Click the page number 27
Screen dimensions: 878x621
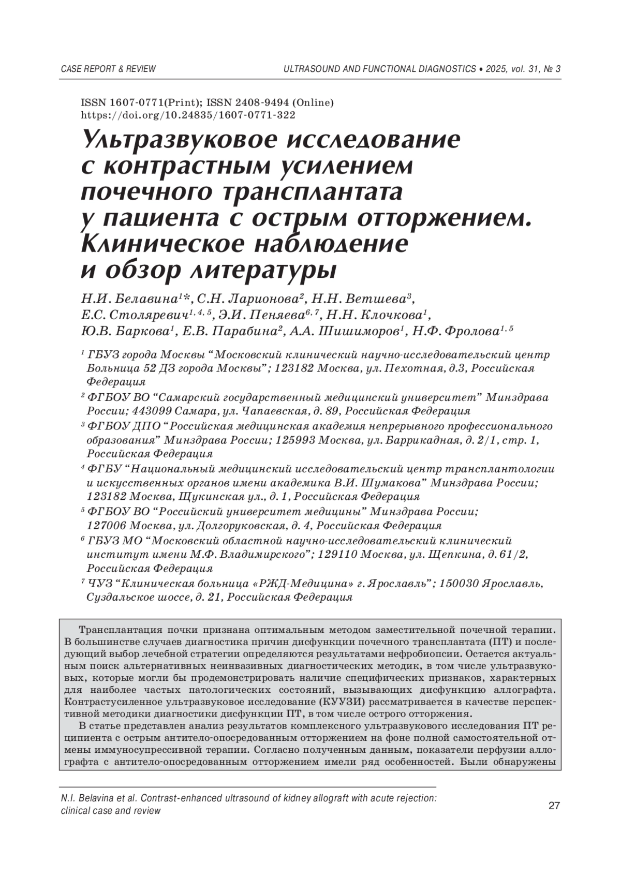point(554,806)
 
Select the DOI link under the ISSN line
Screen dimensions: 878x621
point(188,115)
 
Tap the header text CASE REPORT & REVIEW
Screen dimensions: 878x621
point(108,69)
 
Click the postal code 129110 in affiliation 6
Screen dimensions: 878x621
point(336,555)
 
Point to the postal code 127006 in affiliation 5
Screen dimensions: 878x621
point(106,526)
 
